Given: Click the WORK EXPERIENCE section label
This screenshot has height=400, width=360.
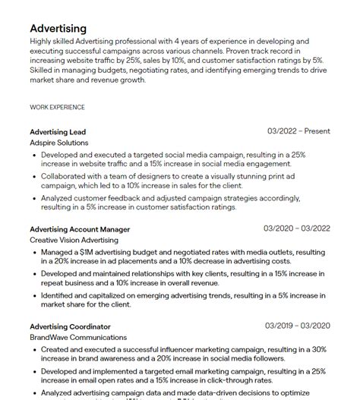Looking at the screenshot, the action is tap(57, 107).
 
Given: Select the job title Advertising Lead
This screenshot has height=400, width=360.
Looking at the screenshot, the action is tap(58, 131).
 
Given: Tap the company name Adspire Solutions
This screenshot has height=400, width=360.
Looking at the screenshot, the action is tap(59, 142).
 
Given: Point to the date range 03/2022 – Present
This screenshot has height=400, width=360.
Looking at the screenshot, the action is tap(298, 131).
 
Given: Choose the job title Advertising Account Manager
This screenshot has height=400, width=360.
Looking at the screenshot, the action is tap(80, 228).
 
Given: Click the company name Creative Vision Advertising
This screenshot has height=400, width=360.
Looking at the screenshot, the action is tap(74, 239).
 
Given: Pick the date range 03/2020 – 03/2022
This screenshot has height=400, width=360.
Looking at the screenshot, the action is tap(297, 228).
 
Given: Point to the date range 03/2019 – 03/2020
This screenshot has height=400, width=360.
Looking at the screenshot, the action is tap(297, 326).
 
